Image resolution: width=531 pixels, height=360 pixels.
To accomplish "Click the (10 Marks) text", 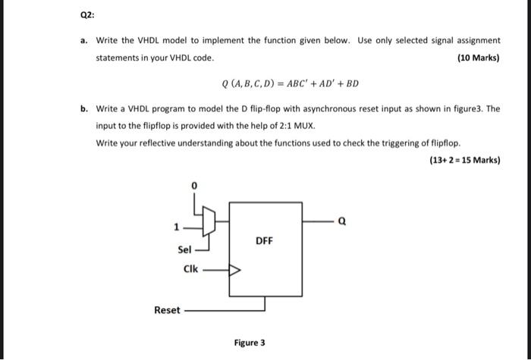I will (x=479, y=58).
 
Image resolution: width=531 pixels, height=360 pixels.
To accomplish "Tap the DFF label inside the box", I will (x=264, y=242).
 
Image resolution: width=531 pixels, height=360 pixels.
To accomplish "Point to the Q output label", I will (x=343, y=222).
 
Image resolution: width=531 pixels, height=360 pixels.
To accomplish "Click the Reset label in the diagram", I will (x=167, y=309).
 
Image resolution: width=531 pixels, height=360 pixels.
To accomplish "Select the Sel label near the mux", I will (x=184, y=249).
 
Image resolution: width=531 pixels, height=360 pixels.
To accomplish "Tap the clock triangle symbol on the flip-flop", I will (x=234, y=268).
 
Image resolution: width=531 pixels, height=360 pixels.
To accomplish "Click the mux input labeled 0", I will (x=195, y=184).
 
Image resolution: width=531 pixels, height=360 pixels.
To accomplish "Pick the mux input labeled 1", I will (x=176, y=225).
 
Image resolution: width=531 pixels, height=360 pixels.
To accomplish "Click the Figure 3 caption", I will (x=250, y=343).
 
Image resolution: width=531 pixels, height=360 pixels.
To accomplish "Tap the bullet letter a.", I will (x=84, y=39).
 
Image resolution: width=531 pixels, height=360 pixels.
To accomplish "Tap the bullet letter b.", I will (x=84, y=108).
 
